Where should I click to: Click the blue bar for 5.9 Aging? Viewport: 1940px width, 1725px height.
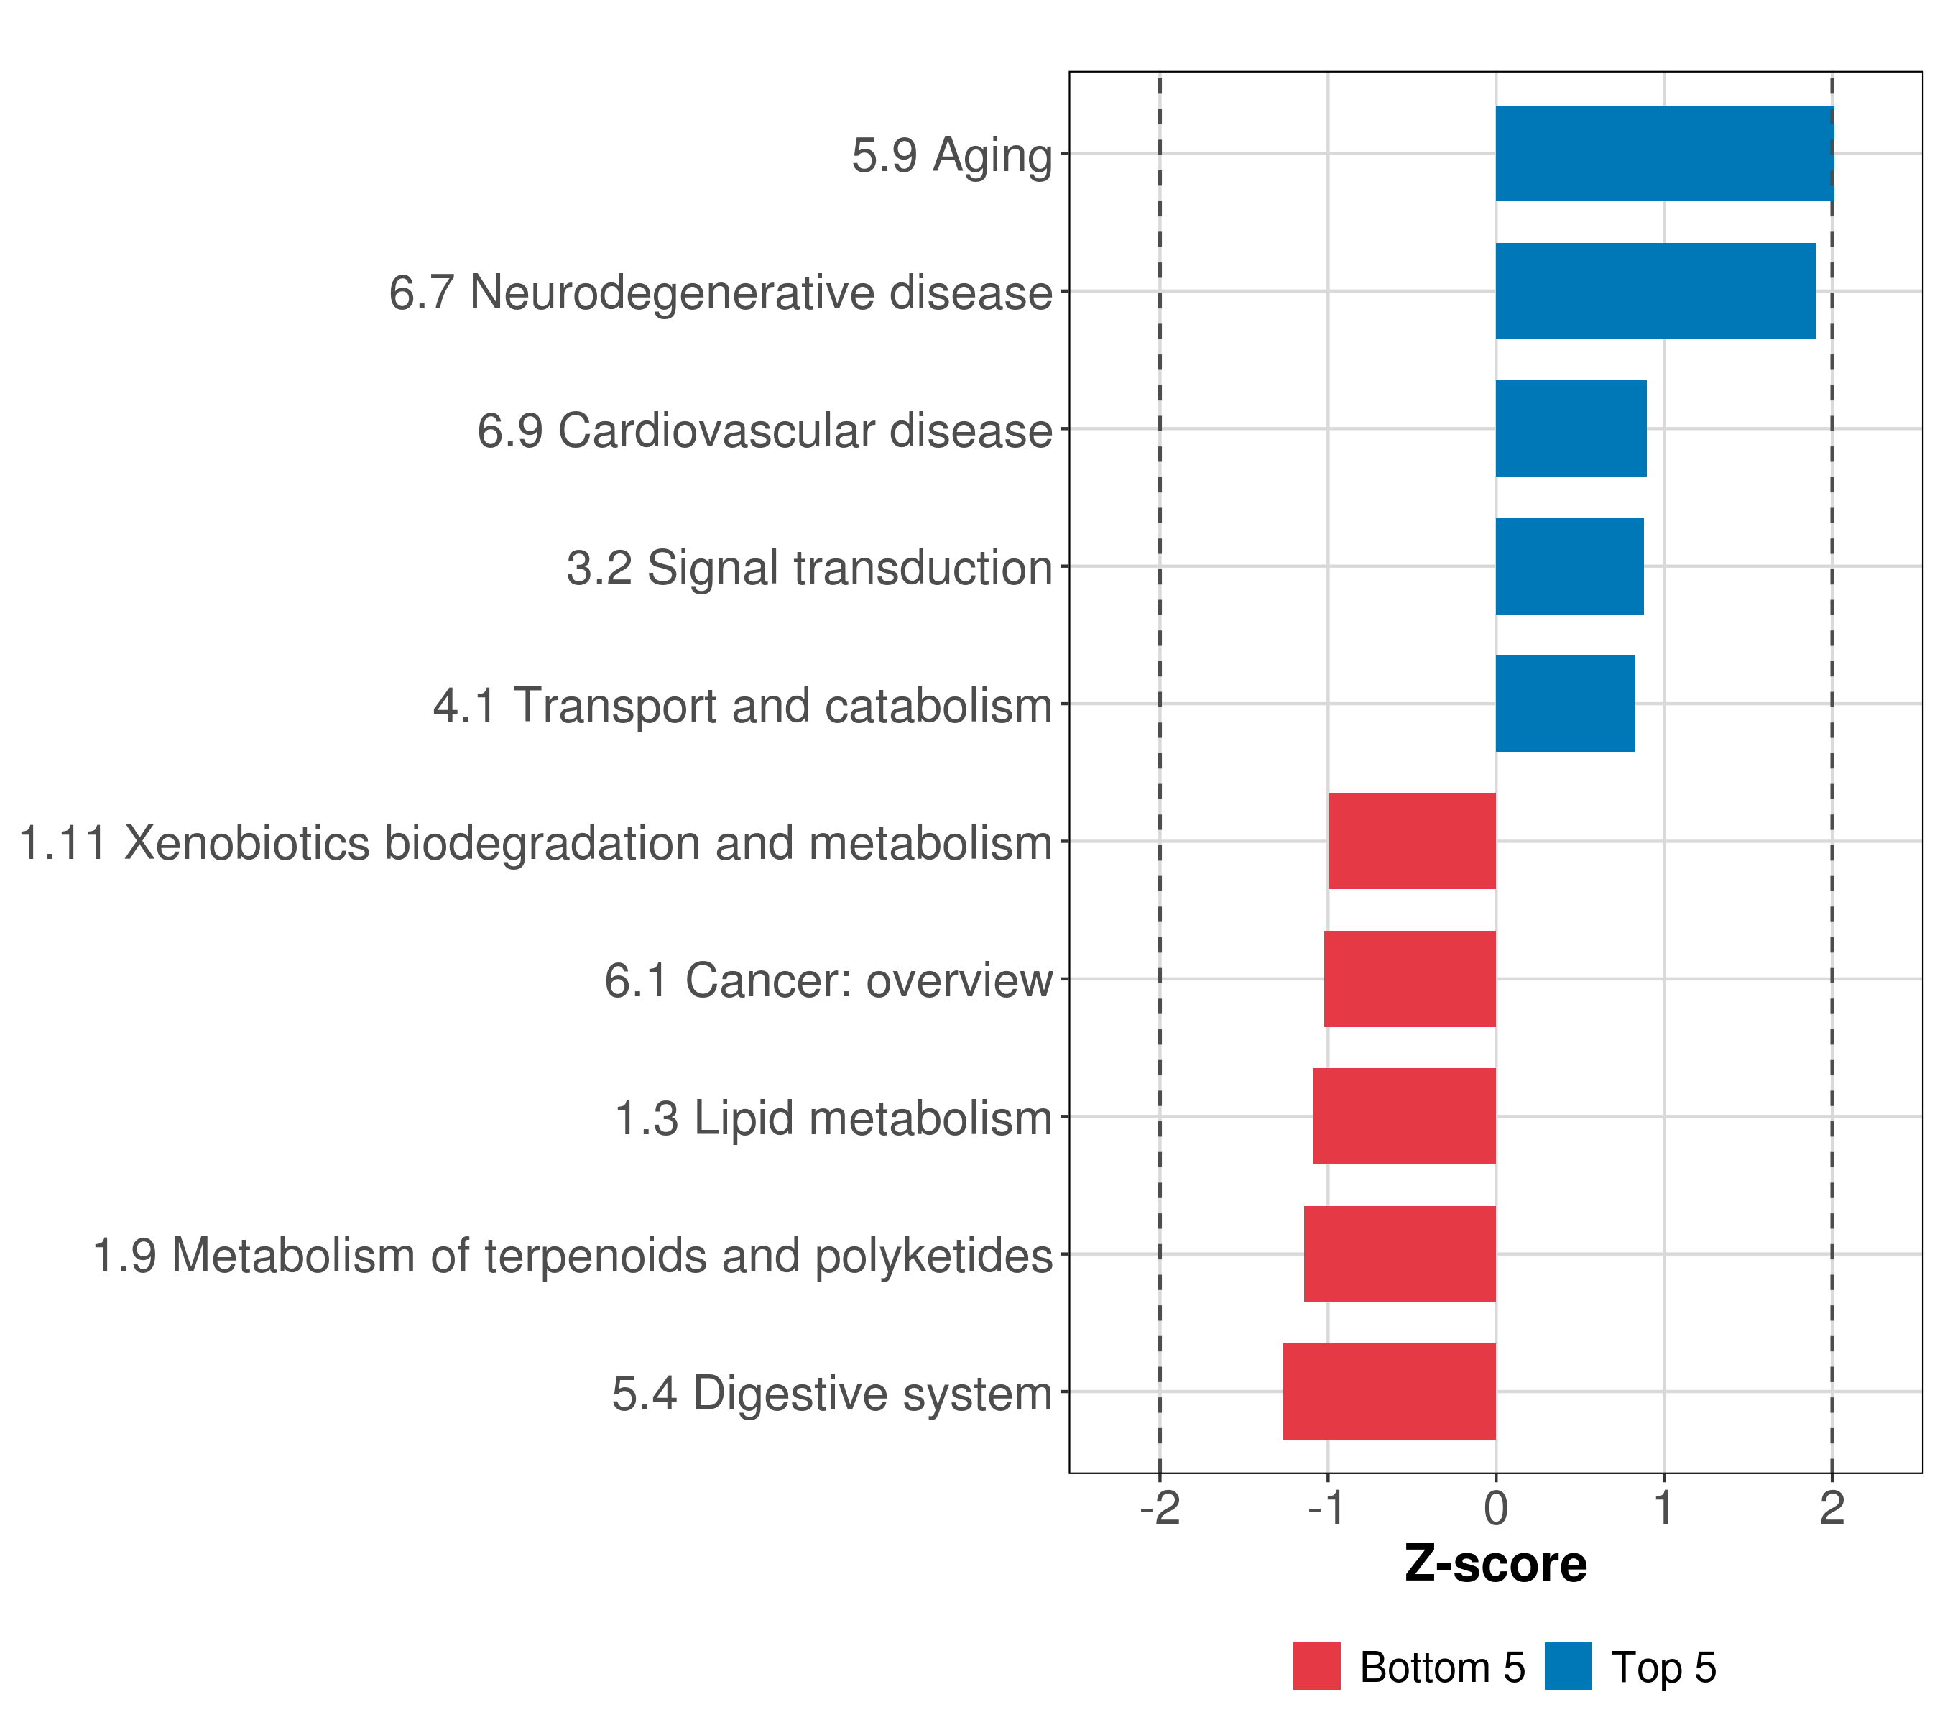click(1664, 153)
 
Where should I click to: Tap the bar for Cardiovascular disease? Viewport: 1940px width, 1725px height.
click(1571, 428)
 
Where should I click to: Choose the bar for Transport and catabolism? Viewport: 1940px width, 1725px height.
click(1564, 704)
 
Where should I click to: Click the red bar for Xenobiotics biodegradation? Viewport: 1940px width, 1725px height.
click(1411, 841)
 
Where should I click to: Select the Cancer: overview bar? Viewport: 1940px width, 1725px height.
click(1410, 979)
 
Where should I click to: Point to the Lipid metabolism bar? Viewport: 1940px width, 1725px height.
click(1404, 1116)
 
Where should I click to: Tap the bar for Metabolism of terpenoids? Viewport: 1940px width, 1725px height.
click(1399, 1254)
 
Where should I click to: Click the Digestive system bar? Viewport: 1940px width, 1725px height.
click(1389, 1391)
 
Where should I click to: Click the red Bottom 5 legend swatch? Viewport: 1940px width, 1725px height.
click(1316, 1666)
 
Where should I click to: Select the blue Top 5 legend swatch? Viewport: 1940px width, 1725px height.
click(1568, 1666)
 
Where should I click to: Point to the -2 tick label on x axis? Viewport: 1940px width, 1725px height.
click(1160, 1509)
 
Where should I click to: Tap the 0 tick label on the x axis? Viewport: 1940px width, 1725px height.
click(1496, 1509)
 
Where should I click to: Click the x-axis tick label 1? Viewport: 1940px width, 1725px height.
click(1663, 1509)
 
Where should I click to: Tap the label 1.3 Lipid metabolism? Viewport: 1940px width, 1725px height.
click(833, 1118)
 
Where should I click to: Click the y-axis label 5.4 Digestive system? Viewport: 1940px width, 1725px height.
click(832, 1394)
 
